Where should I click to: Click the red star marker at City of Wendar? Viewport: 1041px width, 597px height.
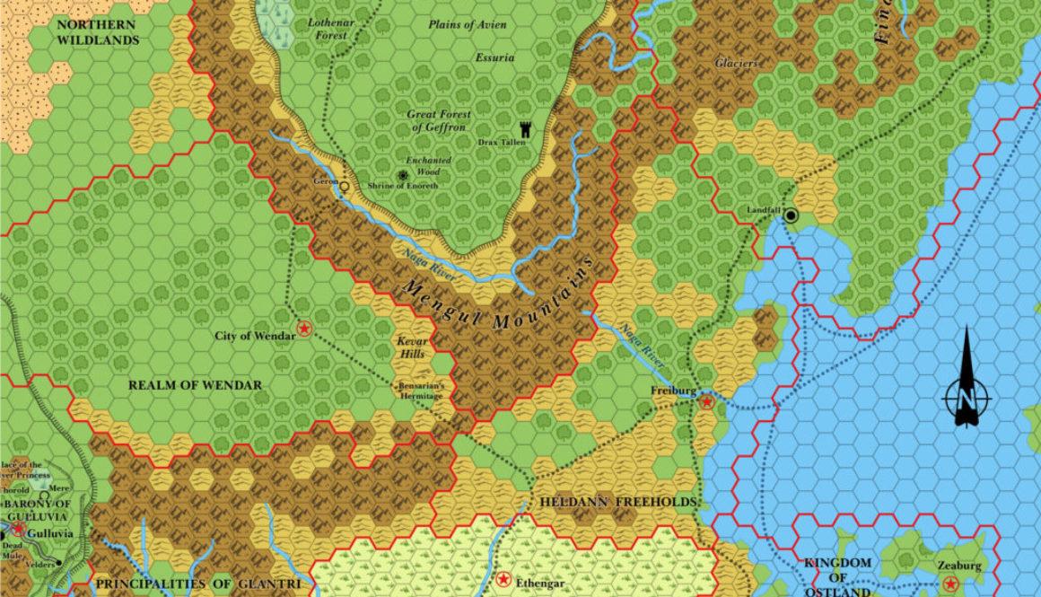click(x=304, y=329)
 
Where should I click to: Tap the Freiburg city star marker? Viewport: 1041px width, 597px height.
click(x=707, y=401)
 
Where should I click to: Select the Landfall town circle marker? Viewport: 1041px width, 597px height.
click(x=791, y=215)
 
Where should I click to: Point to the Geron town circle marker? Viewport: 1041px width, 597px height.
click(x=344, y=186)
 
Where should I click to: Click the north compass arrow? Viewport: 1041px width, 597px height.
click(x=966, y=377)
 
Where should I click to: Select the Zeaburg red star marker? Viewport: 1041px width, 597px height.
click(x=950, y=584)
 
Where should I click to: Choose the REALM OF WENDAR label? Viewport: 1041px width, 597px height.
click(x=195, y=385)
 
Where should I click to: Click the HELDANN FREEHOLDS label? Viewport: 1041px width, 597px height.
click(x=619, y=501)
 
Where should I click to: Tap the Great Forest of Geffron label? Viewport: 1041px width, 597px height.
click(x=438, y=121)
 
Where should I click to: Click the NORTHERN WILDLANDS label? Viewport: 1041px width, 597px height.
click(x=98, y=32)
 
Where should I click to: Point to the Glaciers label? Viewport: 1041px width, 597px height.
click(x=737, y=64)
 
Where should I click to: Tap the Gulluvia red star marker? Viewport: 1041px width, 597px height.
click(x=18, y=530)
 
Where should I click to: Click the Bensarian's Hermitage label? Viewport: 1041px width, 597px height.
click(x=420, y=391)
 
